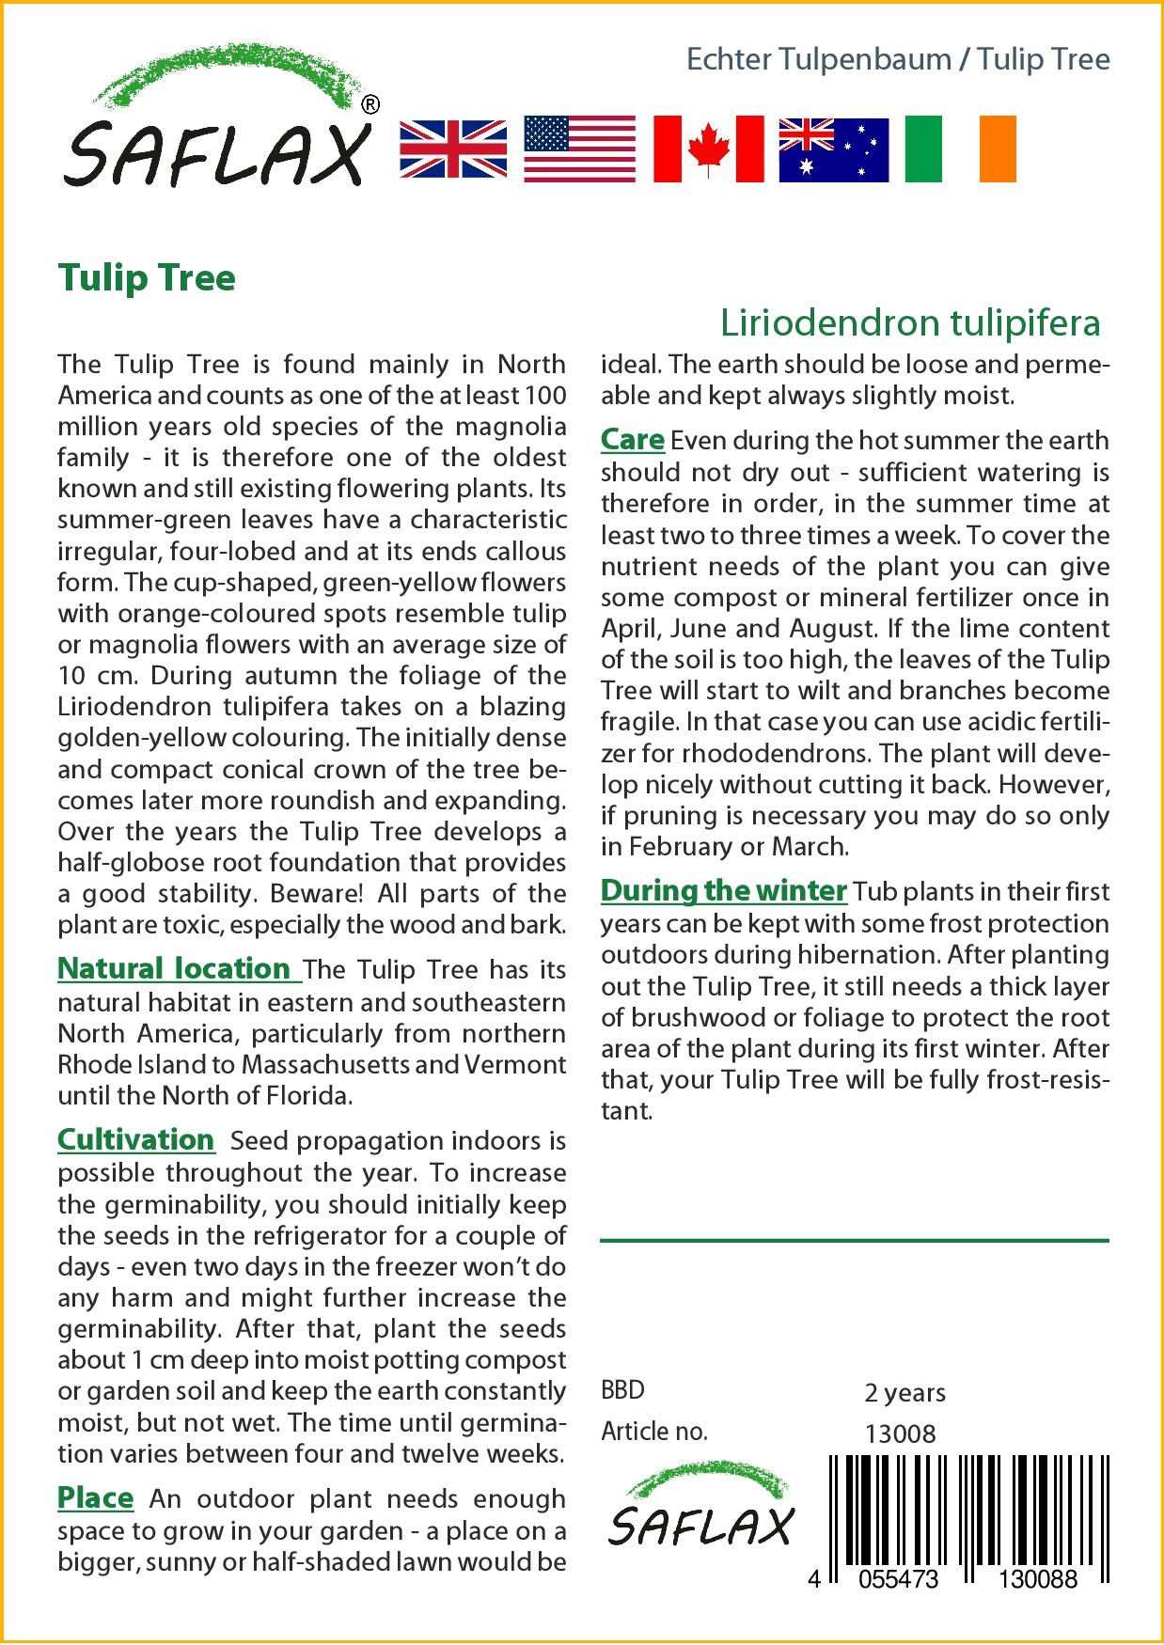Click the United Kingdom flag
pos(453,149)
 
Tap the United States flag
pos(579,149)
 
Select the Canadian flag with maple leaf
pos(708,149)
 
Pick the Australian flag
pos(833,149)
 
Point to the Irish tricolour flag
pos(960,149)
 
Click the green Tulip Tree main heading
pos(147,278)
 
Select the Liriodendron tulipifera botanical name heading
pos(910,322)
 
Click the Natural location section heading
pos(175,968)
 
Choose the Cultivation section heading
pos(136,1139)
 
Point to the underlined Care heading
pos(632,439)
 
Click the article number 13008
pos(900,1433)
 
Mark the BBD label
pos(622,1390)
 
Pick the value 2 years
pos(904,1392)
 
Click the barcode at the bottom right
pos(968,1513)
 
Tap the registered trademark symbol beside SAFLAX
pos(370,105)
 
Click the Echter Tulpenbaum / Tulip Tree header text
pos(898,59)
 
